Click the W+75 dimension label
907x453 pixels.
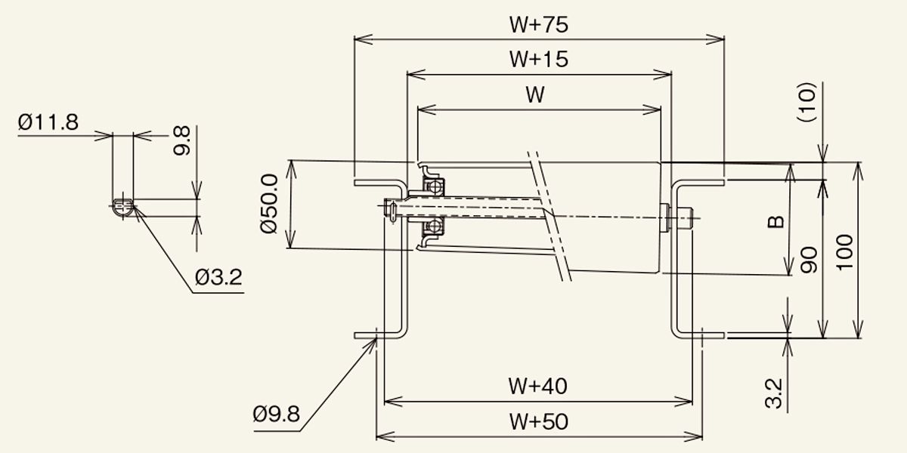point(538,25)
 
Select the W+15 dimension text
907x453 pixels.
point(538,59)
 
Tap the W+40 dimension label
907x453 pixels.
point(537,387)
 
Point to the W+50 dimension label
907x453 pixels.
point(538,422)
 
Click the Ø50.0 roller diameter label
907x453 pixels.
point(269,203)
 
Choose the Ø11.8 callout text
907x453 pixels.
point(48,122)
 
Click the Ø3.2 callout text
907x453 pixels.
point(218,278)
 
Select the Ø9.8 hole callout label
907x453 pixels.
point(276,414)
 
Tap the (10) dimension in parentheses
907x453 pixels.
point(806,102)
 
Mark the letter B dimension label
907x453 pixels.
point(775,222)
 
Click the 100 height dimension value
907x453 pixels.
point(845,252)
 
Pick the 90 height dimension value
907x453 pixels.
point(809,260)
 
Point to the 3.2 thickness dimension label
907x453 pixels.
point(774,393)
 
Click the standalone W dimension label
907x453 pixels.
point(535,94)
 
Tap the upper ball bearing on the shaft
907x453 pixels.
point(433,186)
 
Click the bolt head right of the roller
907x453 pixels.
point(685,218)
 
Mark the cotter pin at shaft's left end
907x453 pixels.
point(392,212)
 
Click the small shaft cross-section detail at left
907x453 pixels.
point(123,208)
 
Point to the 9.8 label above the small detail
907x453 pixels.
point(182,140)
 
